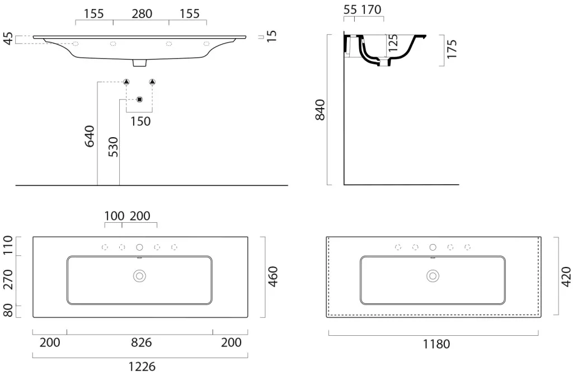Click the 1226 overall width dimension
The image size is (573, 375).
tap(142, 366)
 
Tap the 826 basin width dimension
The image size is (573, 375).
tap(142, 343)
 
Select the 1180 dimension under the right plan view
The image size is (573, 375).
tap(436, 344)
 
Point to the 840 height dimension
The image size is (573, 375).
tap(320, 110)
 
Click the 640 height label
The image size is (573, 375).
tap(90, 137)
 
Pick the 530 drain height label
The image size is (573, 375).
tap(113, 147)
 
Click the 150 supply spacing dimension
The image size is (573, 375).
tap(140, 121)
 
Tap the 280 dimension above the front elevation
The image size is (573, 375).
tap(142, 14)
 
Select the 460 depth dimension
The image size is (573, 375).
tap(273, 276)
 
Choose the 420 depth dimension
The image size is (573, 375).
tap(566, 276)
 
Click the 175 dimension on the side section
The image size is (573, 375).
tap(452, 49)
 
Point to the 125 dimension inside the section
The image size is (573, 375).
tap(393, 43)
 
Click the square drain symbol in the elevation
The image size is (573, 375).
tap(139, 100)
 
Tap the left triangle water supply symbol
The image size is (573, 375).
tap(126, 82)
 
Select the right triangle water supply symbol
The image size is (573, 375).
tap(152, 82)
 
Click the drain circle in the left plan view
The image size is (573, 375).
tap(139, 276)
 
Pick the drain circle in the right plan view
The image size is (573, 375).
tap(433, 276)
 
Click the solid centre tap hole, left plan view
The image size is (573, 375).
tap(139, 247)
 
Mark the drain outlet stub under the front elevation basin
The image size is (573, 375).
tap(139, 63)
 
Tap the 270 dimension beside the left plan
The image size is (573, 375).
tap(8, 280)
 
